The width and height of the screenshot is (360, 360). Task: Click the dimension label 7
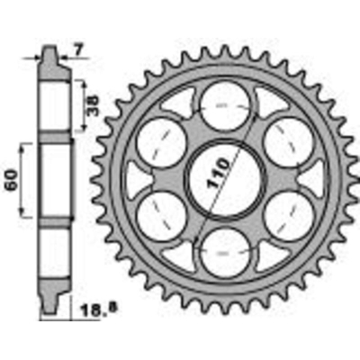[x=77, y=49]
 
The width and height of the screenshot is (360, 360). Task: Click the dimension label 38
[x=93, y=105]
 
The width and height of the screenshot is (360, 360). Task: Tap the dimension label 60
[x=12, y=180]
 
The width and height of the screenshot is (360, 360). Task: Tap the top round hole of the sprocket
[x=225, y=106]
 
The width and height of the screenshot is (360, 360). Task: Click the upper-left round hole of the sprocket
[x=161, y=143]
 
